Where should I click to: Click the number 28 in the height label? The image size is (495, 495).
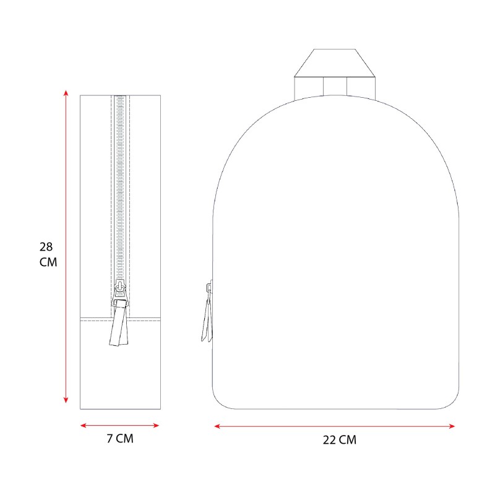coord(46,246)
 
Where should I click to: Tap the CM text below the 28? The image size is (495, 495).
coord(48,262)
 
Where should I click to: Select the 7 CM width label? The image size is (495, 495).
coord(120,438)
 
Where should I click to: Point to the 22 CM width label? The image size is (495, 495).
coord(339,440)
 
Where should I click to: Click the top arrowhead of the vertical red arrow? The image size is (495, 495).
coord(66,93)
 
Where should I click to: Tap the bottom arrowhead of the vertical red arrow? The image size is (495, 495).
coord(66,400)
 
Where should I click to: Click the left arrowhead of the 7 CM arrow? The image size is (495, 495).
coord(84,426)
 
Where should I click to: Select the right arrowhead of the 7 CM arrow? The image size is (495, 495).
coord(156,426)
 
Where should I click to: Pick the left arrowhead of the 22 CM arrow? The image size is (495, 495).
coord(218,426)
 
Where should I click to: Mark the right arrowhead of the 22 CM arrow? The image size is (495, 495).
coord(452,426)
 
